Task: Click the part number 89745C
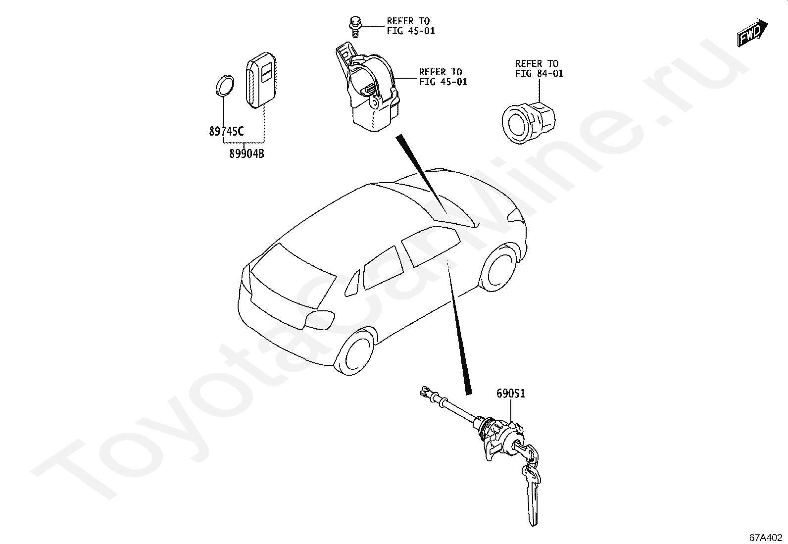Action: tap(226, 132)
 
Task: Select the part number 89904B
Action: tap(246, 154)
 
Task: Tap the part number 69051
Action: tap(511, 394)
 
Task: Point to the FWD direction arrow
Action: tap(752, 33)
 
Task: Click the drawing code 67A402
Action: tap(765, 537)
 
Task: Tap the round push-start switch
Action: tap(528, 119)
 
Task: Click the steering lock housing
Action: tap(371, 92)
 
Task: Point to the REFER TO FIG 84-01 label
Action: tap(539, 69)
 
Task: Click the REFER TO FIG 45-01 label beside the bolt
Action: tap(410, 26)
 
